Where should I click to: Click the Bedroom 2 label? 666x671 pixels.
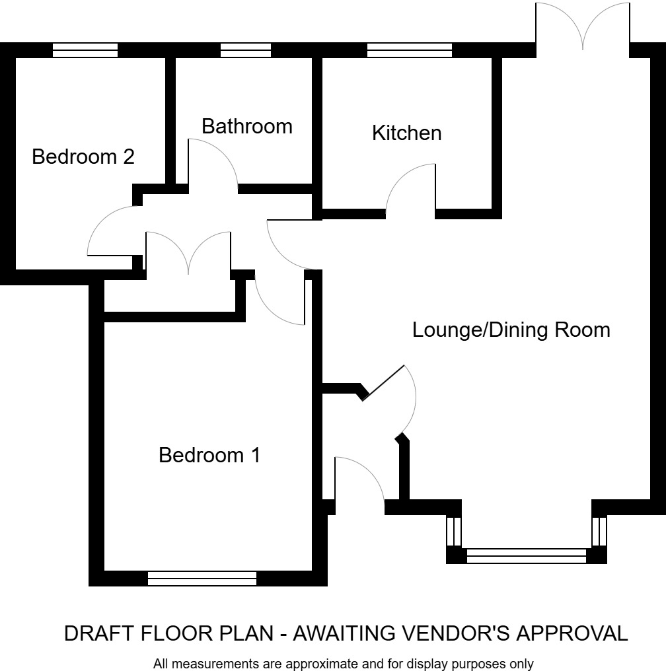(x=83, y=157)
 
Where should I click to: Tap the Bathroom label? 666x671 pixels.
(x=246, y=126)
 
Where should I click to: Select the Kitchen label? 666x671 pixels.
(x=406, y=133)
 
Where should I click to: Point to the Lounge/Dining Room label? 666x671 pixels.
(x=511, y=330)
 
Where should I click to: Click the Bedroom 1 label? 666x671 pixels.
(x=209, y=455)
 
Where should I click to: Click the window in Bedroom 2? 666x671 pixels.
(x=85, y=50)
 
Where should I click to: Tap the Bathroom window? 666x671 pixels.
(x=246, y=50)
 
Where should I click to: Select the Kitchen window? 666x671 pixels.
(x=410, y=50)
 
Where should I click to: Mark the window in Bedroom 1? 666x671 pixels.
(x=202, y=579)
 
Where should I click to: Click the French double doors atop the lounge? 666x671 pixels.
(x=582, y=26)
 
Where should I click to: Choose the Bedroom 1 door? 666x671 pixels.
(x=277, y=300)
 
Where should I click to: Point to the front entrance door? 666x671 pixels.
(x=360, y=482)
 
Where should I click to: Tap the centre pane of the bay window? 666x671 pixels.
(x=527, y=556)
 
